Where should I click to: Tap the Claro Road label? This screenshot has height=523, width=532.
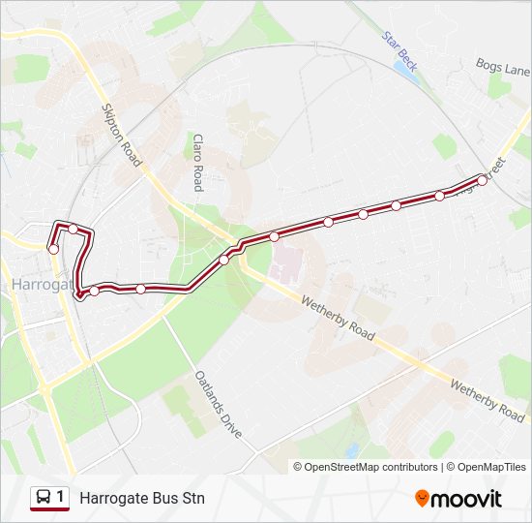pos(197,162)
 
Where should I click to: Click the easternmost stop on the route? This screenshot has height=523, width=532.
pos(482,180)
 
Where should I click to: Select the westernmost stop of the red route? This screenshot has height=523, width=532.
pos(53,249)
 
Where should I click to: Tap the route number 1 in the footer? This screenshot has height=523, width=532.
pos(61,498)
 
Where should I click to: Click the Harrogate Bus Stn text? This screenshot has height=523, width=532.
pos(142,498)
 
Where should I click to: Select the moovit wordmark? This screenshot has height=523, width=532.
pos(466,499)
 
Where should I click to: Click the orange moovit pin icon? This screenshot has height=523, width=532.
pos(422,499)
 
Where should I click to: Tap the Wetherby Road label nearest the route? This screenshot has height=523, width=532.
pos(337,318)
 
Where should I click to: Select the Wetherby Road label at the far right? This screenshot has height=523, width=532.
pos(488,391)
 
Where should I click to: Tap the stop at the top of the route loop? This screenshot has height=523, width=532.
pos(73,229)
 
